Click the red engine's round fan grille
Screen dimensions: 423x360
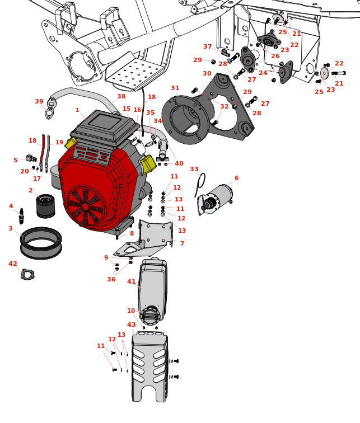[x=86, y=206]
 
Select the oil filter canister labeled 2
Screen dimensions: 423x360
[x=45, y=206]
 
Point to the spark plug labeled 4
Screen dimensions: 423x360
[x=21, y=216]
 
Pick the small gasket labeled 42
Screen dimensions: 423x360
[x=27, y=274]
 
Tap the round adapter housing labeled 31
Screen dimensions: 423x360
[x=185, y=119]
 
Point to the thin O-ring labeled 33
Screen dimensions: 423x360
[x=200, y=181]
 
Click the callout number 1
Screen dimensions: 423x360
[x=77, y=110]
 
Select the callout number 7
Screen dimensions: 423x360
[x=181, y=243]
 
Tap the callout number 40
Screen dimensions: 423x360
[x=179, y=163]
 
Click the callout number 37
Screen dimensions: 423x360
[x=208, y=47]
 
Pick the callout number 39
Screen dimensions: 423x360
[x=39, y=101]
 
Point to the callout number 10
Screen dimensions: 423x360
[x=131, y=311]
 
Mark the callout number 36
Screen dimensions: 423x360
[x=111, y=279]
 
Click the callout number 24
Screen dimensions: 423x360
[x=263, y=73]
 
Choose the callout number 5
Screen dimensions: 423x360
[x=15, y=160]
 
